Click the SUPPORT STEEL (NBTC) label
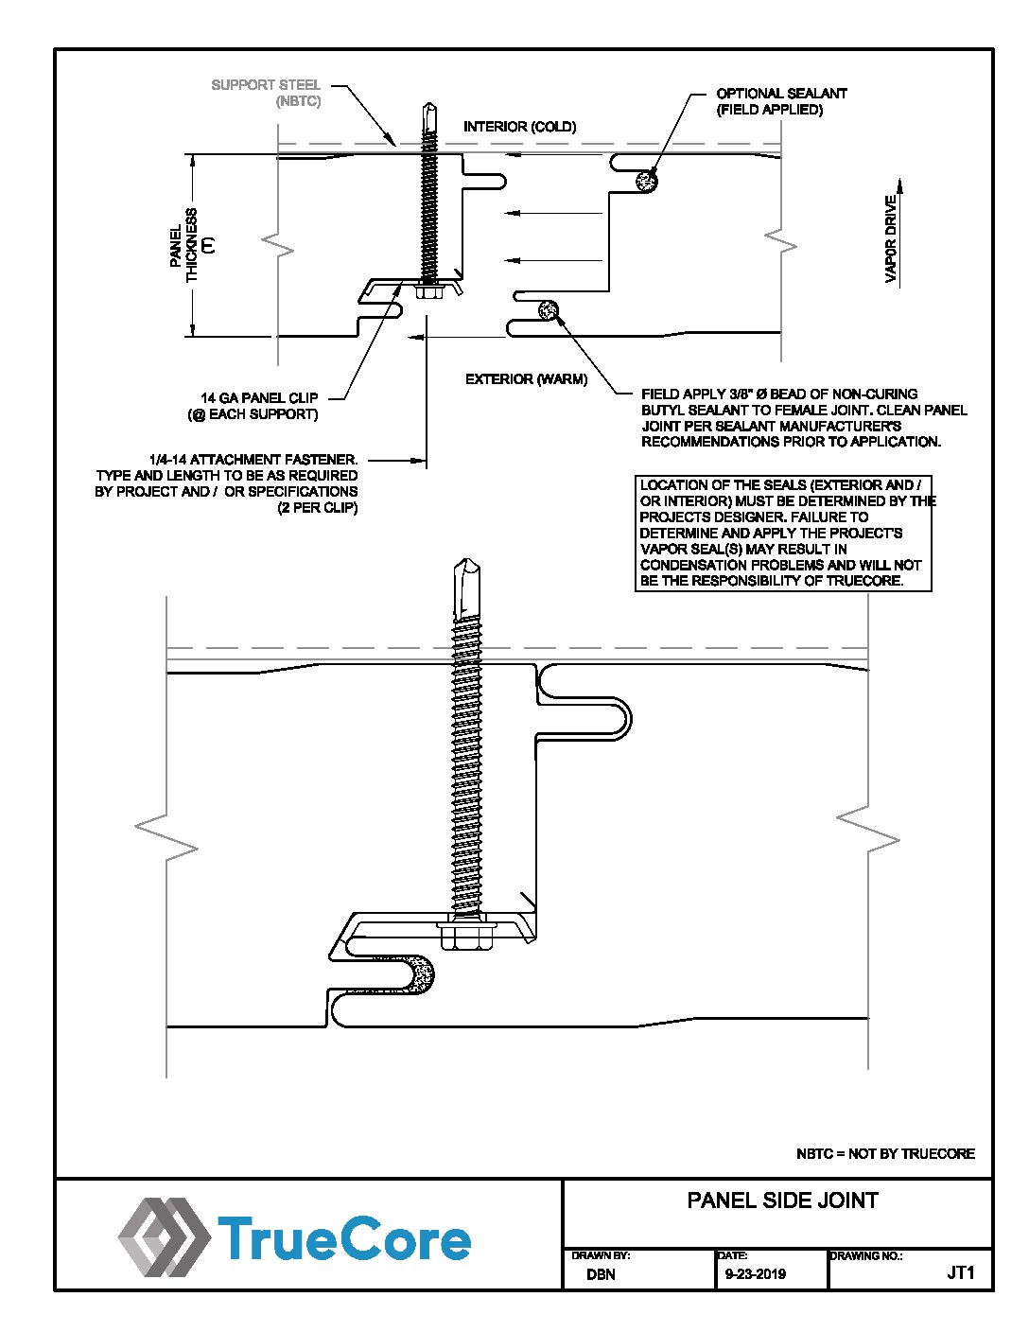(266, 93)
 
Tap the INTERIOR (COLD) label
(519, 127)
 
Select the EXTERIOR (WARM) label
(526, 379)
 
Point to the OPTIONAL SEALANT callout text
(781, 102)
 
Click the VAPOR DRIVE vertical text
(891, 239)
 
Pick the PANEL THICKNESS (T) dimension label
(192, 245)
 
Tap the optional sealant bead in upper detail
(646, 182)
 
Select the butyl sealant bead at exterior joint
(549, 310)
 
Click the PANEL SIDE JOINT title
(783, 1200)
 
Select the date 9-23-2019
(755, 1273)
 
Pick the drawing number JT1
(960, 1272)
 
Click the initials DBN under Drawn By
(601, 1273)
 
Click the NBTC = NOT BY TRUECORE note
(885, 1153)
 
